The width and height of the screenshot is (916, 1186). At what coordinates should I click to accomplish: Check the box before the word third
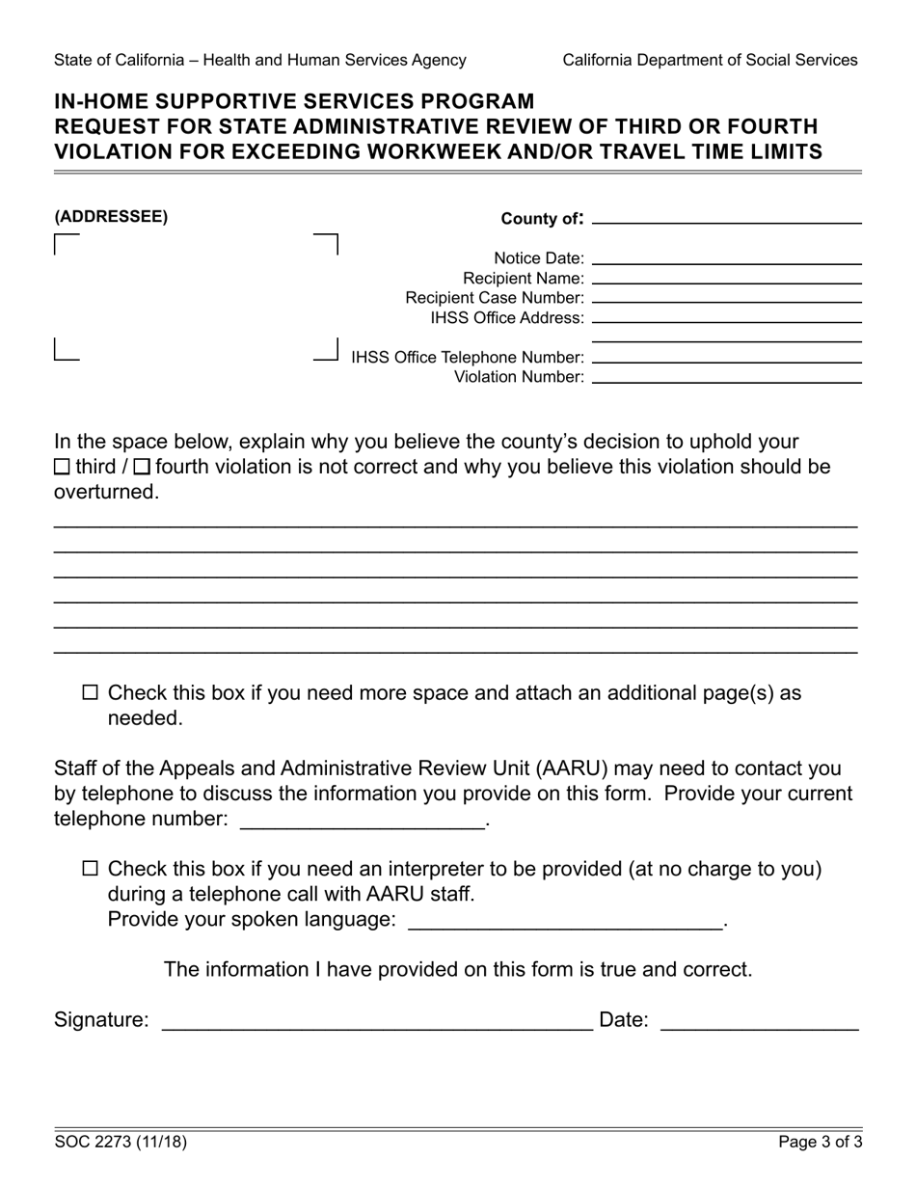click(62, 468)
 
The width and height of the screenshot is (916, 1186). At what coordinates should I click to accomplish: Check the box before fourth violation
click(142, 468)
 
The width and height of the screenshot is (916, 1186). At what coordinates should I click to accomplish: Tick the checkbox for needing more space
click(91, 692)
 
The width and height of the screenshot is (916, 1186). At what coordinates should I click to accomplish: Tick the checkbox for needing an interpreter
click(91, 869)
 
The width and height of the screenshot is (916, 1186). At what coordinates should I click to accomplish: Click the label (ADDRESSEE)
click(111, 217)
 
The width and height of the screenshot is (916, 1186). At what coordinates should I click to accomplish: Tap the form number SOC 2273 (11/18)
click(121, 1143)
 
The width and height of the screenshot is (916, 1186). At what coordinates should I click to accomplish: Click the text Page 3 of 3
click(821, 1143)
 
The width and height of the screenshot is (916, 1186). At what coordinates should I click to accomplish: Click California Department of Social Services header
click(710, 60)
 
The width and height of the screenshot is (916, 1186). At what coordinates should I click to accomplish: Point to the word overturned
click(106, 493)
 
